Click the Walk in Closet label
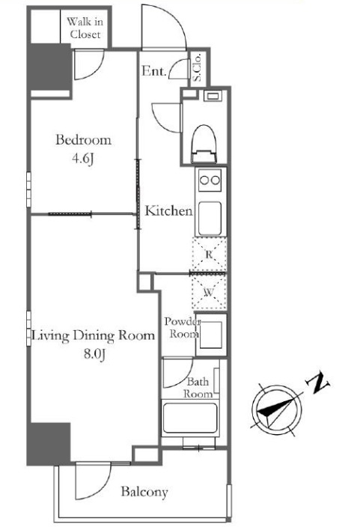(x=85, y=28)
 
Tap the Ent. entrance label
(x=154, y=71)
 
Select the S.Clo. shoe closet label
(x=197, y=67)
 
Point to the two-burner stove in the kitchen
(x=210, y=180)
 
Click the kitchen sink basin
(x=210, y=219)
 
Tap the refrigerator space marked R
(x=209, y=255)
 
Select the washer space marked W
(x=209, y=292)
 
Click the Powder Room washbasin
(x=211, y=335)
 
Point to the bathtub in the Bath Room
(x=190, y=418)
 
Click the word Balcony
(x=144, y=492)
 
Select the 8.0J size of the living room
(x=95, y=354)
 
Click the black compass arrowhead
(x=273, y=409)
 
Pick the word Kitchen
(x=168, y=211)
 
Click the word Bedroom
(x=83, y=140)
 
